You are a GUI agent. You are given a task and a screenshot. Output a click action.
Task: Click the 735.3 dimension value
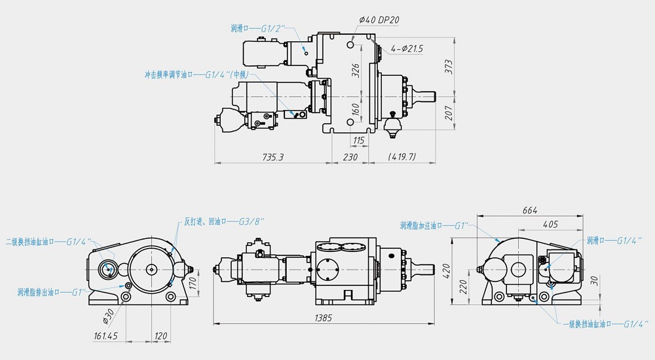[x=272, y=157]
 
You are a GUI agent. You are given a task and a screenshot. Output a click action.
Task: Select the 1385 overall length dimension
[x=323, y=318]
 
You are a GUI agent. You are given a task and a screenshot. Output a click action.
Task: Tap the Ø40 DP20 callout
[x=380, y=20]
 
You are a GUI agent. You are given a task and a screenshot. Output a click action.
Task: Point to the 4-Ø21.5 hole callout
[x=407, y=49]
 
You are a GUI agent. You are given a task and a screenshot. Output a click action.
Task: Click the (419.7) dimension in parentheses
[x=402, y=157]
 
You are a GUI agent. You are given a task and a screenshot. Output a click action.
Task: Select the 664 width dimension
[x=529, y=210]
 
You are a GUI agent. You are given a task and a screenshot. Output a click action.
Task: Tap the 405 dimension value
[x=550, y=225]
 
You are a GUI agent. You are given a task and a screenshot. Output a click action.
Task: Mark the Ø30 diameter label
[x=107, y=316]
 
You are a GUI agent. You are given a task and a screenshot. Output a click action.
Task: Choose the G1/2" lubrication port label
[x=272, y=28]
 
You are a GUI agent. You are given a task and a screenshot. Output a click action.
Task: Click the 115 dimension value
[x=358, y=141]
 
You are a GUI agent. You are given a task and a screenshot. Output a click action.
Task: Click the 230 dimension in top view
[x=350, y=157]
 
